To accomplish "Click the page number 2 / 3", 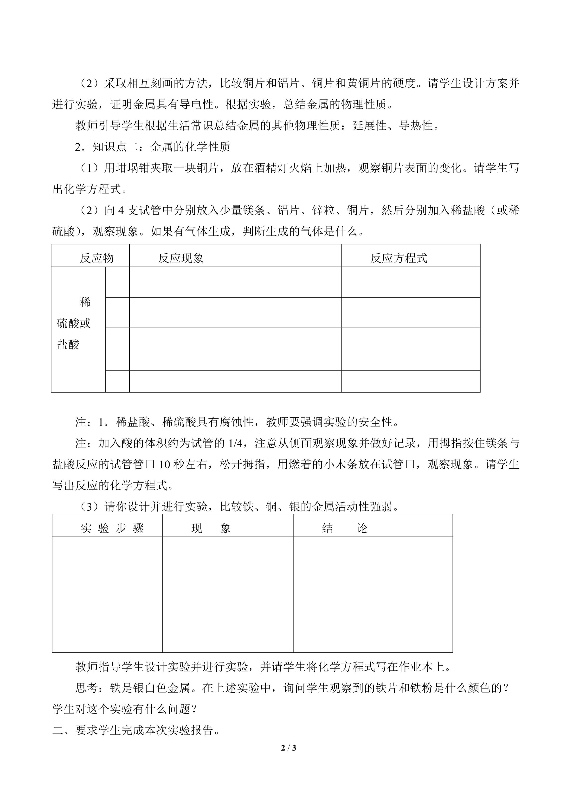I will point(288,747).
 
